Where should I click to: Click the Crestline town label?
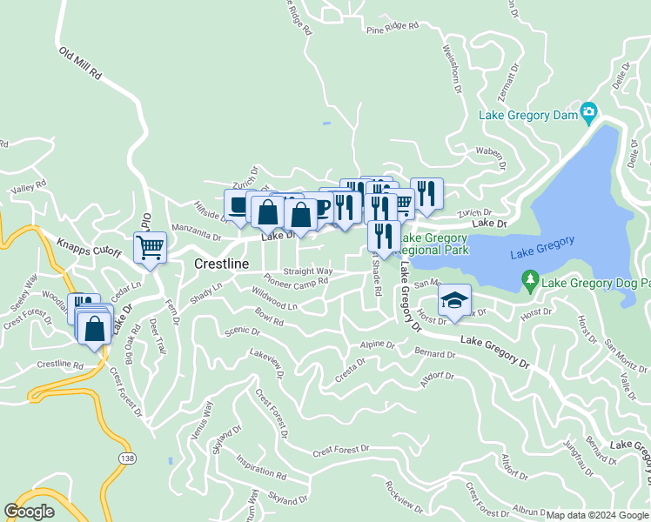coord(221,264)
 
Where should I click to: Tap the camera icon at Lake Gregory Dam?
coord(589,111)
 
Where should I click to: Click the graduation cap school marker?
coord(453,300)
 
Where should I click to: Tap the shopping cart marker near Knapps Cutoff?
coord(150,249)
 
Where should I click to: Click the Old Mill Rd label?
coord(80,64)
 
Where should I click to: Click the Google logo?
coord(29,512)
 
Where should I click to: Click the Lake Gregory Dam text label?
coord(526,115)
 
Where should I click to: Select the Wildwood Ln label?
coord(275,298)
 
